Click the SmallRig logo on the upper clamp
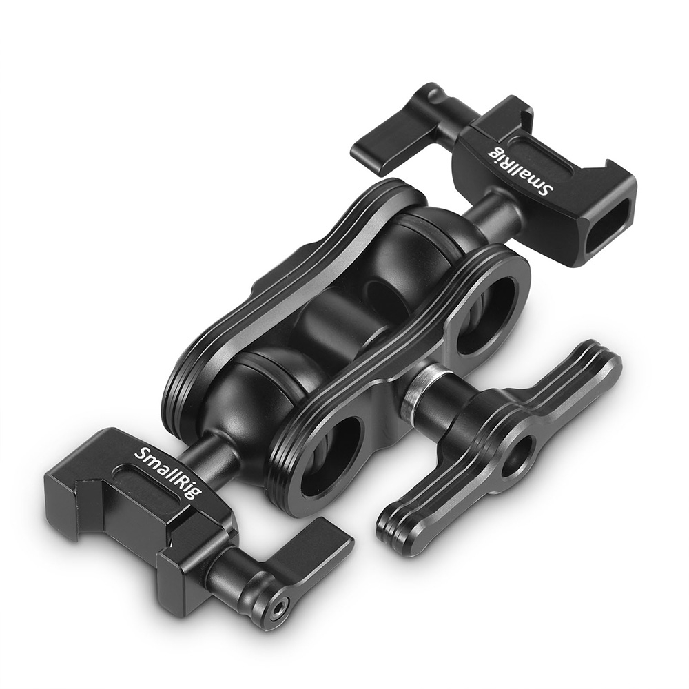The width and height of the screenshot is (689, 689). (522, 169)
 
